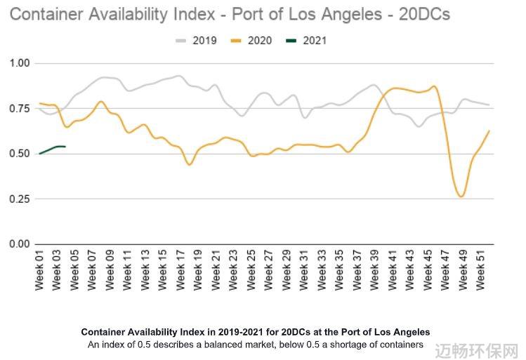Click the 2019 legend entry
[196, 41]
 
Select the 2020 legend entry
[251, 41]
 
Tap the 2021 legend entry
[306, 41]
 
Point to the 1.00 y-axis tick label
[20, 63]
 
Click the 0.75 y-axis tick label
[20, 109]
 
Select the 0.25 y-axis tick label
[20, 199]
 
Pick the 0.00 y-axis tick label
[20, 244]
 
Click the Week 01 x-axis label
[39, 270]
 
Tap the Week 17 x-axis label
[180, 270]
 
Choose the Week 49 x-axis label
[463, 270]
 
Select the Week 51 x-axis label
[481, 270]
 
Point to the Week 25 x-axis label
[251, 270]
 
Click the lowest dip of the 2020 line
[461, 196]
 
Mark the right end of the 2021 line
[65, 147]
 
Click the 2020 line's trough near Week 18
[189, 165]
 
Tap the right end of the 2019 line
[489, 105]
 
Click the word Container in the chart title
[47, 15]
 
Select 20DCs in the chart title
[424, 15]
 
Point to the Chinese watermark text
[477, 351]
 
